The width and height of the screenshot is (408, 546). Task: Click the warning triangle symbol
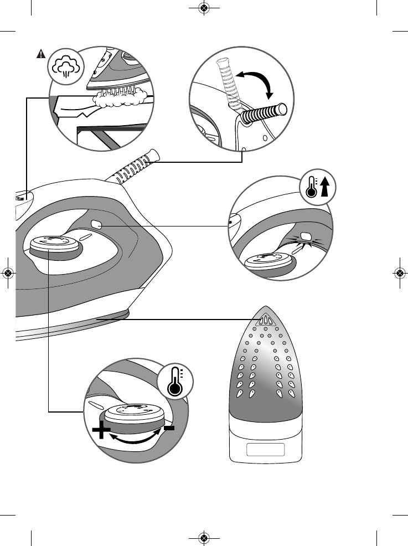(41, 54)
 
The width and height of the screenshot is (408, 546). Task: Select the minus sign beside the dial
(169, 428)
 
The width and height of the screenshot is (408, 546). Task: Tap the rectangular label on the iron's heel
(266, 449)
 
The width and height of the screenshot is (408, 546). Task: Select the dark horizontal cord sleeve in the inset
(264, 114)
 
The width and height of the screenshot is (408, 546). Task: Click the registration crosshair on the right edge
(399, 272)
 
